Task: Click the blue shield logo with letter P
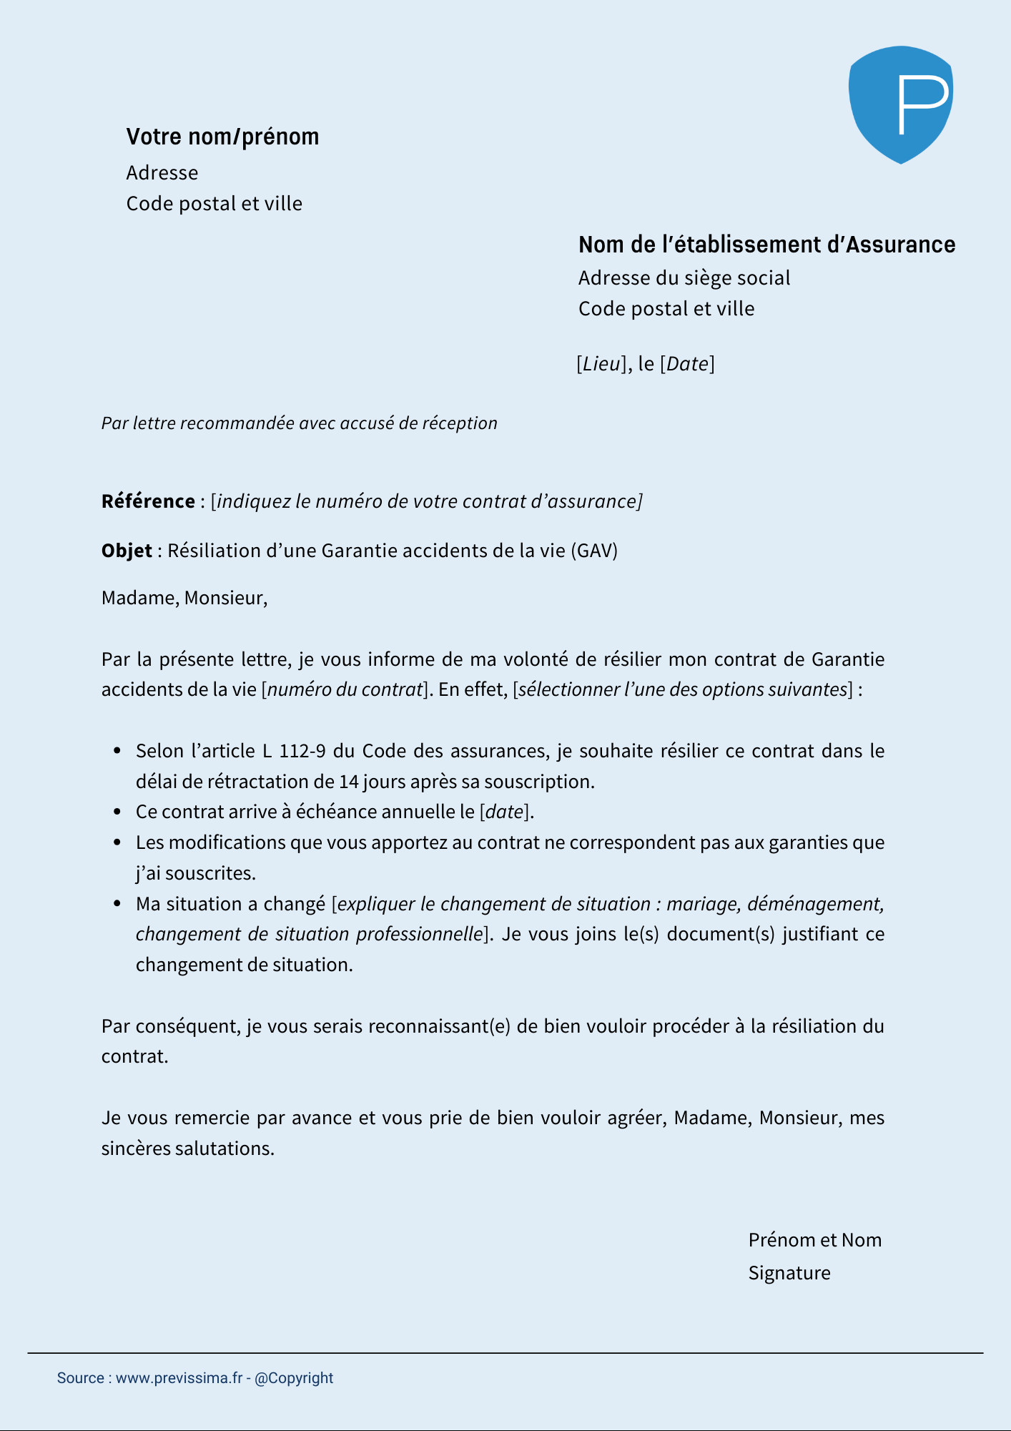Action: pyautogui.click(x=900, y=104)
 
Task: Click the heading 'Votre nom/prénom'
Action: pyautogui.click(x=222, y=137)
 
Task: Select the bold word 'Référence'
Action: pyautogui.click(x=148, y=501)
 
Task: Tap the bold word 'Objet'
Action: pyautogui.click(x=127, y=551)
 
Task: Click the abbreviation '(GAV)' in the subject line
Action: pyautogui.click(x=594, y=551)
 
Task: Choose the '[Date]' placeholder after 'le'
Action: pyautogui.click(x=687, y=364)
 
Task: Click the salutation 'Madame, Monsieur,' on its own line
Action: pyautogui.click(x=184, y=598)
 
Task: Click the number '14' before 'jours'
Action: pyautogui.click(x=349, y=782)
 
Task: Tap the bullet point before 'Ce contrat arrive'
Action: pyautogui.click(x=118, y=812)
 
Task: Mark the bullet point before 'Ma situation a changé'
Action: pyautogui.click(x=118, y=904)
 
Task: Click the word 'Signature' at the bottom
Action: pyautogui.click(x=789, y=1273)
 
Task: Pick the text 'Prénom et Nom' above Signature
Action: pyautogui.click(x=814, y=1240)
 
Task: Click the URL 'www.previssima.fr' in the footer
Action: pyautogui.click(x=179, y=1378)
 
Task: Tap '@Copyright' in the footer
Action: pyautogui.click(x=294, y=1378)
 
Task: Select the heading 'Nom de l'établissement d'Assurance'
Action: pyautogui.click(x=766, y=245)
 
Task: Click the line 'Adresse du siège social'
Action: pyautogui.click(x=684, y=277)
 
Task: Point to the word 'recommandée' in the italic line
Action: pyautogui.click(x=237, y=423)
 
